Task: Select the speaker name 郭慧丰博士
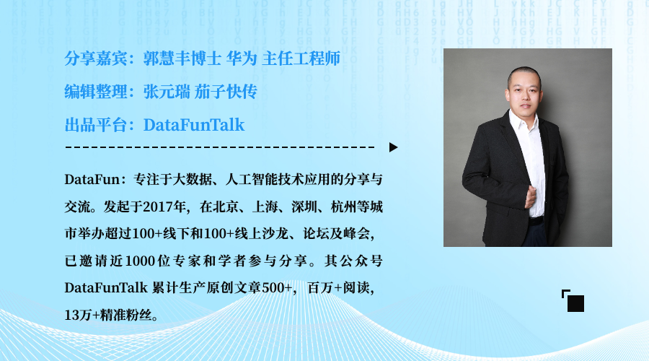click(x=182, y=58)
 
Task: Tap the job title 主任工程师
click(x=301, y=58)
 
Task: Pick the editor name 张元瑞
click(x=167, y=92)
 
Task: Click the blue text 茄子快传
click(x=226, y=92)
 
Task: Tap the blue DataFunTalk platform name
click(x=194, y=125)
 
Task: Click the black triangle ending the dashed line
click(x=393, y=147)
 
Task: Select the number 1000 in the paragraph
click(x=141, y=261)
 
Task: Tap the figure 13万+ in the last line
click(x=82, y=315)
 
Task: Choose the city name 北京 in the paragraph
click(x=226, y=206)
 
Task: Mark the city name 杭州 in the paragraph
click(x=344, y=206)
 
